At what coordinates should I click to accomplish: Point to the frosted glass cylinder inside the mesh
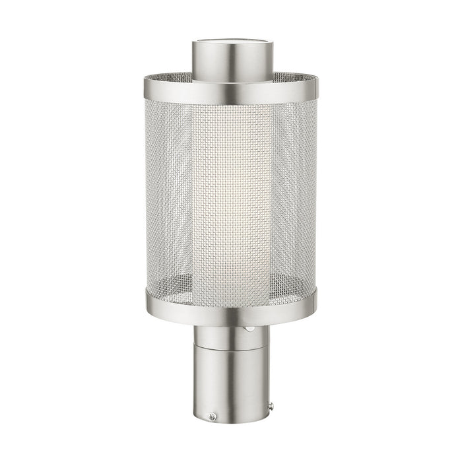232,198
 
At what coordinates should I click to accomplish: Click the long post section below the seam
231,383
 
